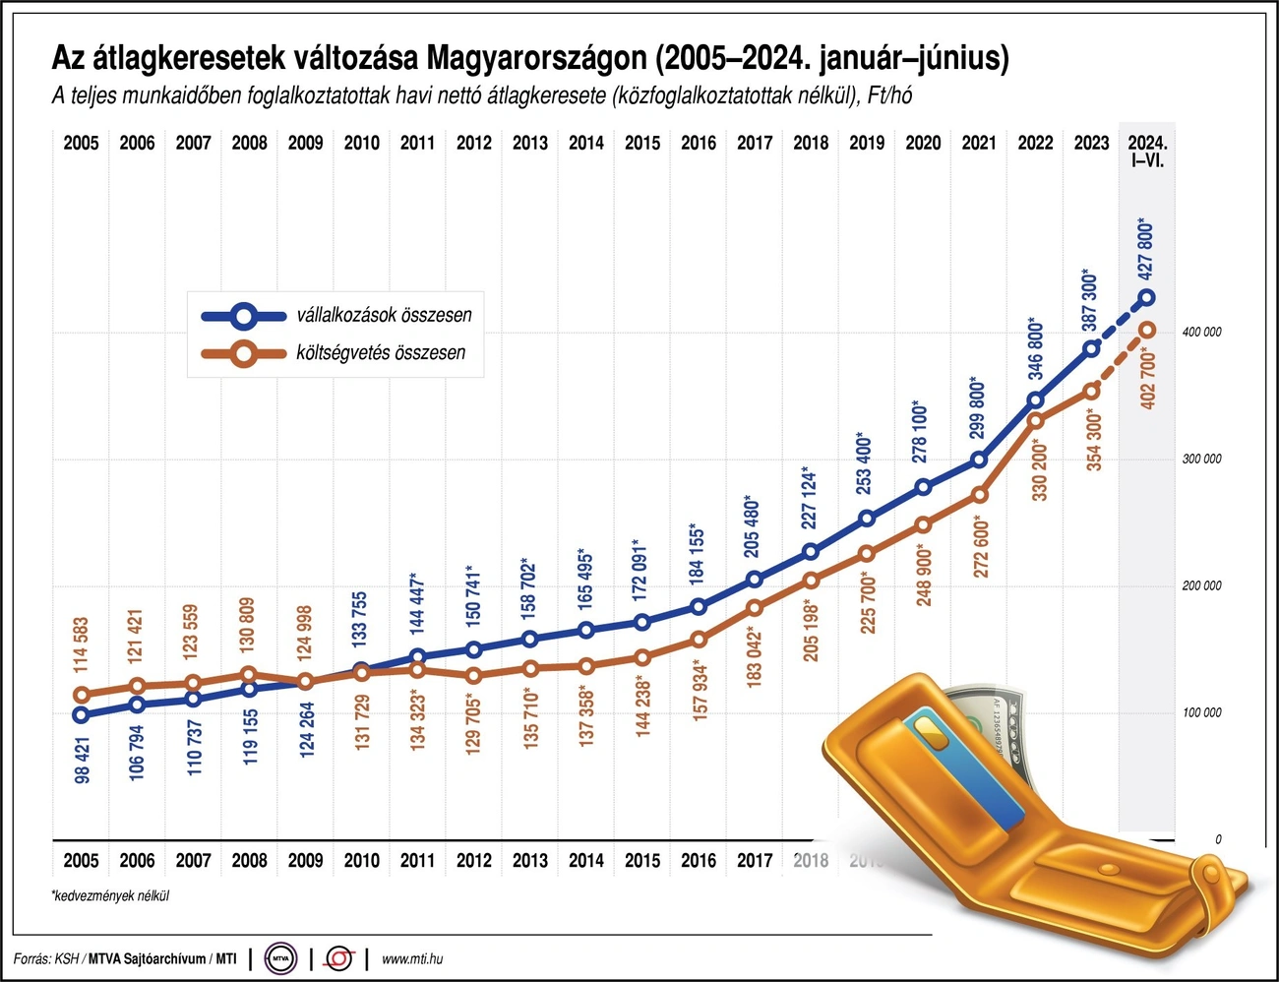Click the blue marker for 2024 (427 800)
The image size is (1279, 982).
(1147, 297)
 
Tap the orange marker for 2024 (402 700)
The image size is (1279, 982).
(1147, 331)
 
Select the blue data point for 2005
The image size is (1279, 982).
(81, 715)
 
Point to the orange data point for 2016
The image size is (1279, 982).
(699, 640)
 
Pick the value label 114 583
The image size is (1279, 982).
(82, 645)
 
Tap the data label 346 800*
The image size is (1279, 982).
(1035, 348)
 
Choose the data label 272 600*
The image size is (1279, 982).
(980, 547)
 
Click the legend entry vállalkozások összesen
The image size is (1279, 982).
(384, 315)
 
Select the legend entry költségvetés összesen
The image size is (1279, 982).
(381, 352)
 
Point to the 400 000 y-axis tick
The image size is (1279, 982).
(1201, 332)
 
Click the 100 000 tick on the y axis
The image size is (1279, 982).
(1201, 712)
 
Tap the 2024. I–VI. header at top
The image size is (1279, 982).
(1147, 151)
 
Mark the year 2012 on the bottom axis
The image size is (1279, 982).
(474, 861)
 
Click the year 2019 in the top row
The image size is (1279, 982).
(867, 143)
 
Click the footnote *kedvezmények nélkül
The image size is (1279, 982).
(110, 896)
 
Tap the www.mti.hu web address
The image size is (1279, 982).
(411, 958)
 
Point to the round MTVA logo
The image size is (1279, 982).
(281, 957)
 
